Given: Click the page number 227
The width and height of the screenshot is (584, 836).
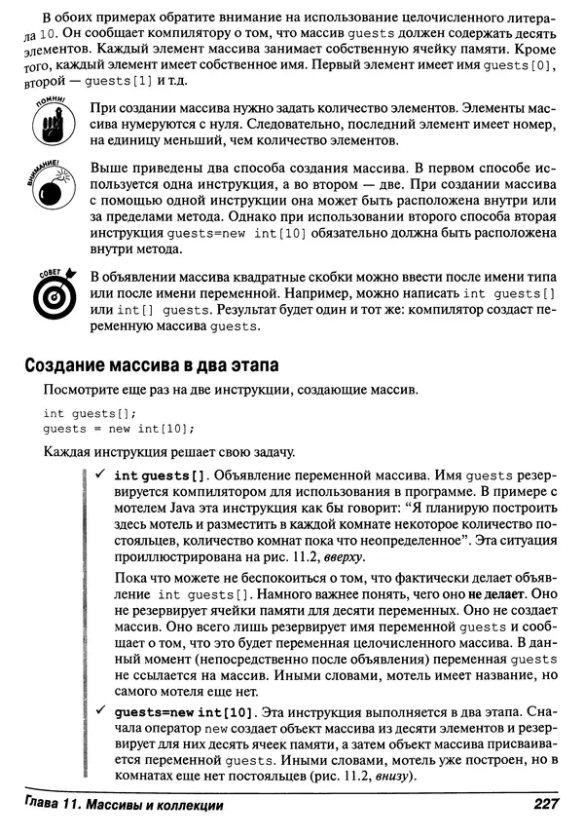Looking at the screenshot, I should click(546, 805).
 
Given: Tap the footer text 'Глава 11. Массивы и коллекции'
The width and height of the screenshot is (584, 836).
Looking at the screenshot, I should click(121, 805).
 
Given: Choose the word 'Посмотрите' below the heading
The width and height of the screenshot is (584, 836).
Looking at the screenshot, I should click(81, 391).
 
